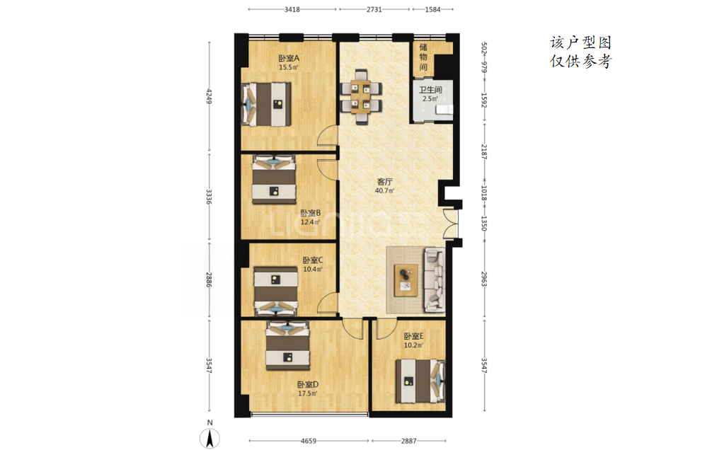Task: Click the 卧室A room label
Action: (x=289, y=58)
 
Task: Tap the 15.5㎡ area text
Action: (x=288, y=67)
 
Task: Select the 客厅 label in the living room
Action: (x=384, y=182)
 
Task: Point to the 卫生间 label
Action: (x=430, y=90)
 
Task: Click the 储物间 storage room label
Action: (x=423, y=57)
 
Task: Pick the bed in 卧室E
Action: (x=420, y=381)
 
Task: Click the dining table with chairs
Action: (x=362, y=96)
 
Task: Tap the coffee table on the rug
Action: (x=406, y=280)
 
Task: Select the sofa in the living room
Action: (x=435, y=280)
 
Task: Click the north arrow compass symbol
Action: (x=209, y=439)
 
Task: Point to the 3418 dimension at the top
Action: (x=292, y=9)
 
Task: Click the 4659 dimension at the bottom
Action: (x=309, y=441)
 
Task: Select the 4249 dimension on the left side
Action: (x=209, y=96)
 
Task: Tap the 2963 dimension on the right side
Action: (x=484, y=278)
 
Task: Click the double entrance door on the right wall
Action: (x=450, y=223)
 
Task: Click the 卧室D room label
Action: (x=308, y=385)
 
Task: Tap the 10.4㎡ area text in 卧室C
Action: (x=312, y=270)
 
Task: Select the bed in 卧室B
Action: (x=274, y=180)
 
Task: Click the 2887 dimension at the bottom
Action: (x=408, y=441)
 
